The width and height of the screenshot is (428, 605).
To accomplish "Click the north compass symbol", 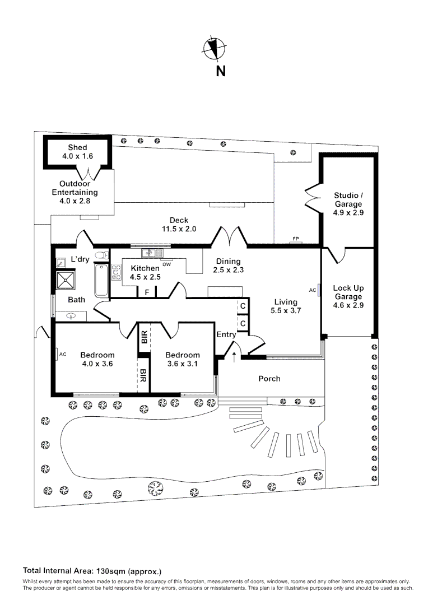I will (x=213, y=48).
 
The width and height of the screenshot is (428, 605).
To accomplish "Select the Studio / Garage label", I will (x=348, y=200).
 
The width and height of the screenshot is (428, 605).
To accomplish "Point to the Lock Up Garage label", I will (x=348, y=292).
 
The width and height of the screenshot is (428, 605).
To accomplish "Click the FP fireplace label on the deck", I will (x=295, y=239).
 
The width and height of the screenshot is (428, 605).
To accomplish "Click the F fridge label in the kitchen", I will (x=147, y=292).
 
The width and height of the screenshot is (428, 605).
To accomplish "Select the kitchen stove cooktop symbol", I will (x=117, y=272).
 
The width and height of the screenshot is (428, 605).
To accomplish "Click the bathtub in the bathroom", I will (x=101, y=280).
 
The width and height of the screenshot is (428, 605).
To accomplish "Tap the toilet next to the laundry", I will (x=101, y=256).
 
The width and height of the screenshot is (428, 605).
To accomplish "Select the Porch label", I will (x=269, y=379).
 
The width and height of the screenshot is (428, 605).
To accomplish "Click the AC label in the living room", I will (x=312, y=290).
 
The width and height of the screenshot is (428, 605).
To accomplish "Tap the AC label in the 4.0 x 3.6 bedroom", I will (x=63, y=354).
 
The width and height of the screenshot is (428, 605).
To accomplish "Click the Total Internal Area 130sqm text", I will (x=92, y=571).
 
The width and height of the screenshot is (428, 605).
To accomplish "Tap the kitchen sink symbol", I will (x=151, y=252).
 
